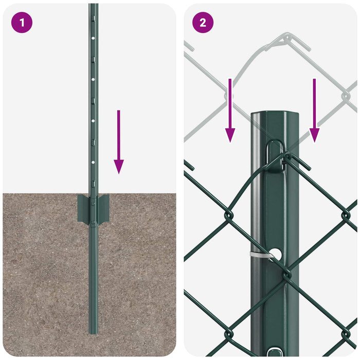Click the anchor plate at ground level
[93, 208]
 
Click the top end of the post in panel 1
[93, 6]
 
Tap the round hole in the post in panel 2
[275, 254]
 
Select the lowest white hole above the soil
[93, 161]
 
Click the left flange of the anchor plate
[82, 208]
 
